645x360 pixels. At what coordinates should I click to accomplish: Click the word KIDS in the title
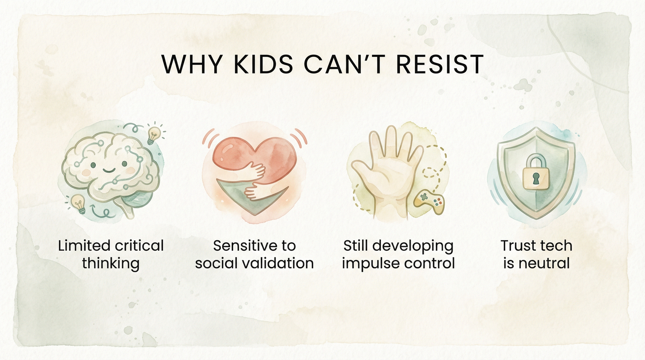(263, 64)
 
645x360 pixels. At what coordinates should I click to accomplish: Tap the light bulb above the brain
(154, 134)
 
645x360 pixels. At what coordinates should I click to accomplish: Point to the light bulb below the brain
(78, 203)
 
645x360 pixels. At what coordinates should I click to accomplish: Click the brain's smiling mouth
(108, 171)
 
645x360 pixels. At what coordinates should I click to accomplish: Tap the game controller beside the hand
(429, 201)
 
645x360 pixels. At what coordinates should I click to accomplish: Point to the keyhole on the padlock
(535, 179)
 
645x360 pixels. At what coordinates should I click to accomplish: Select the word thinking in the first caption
(110, 264)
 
